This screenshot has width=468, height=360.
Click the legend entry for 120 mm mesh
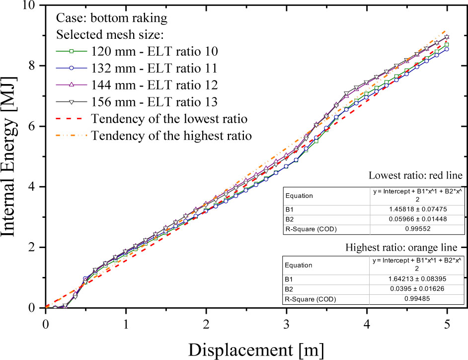[154, 51]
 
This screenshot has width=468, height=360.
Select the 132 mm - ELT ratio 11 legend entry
[154, 68]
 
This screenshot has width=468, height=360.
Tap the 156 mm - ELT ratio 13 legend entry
[154, 102]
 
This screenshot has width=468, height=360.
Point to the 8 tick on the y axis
[33, 66]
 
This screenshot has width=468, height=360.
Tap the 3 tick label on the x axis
[286, 322]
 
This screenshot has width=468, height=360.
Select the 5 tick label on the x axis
[447, 322]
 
